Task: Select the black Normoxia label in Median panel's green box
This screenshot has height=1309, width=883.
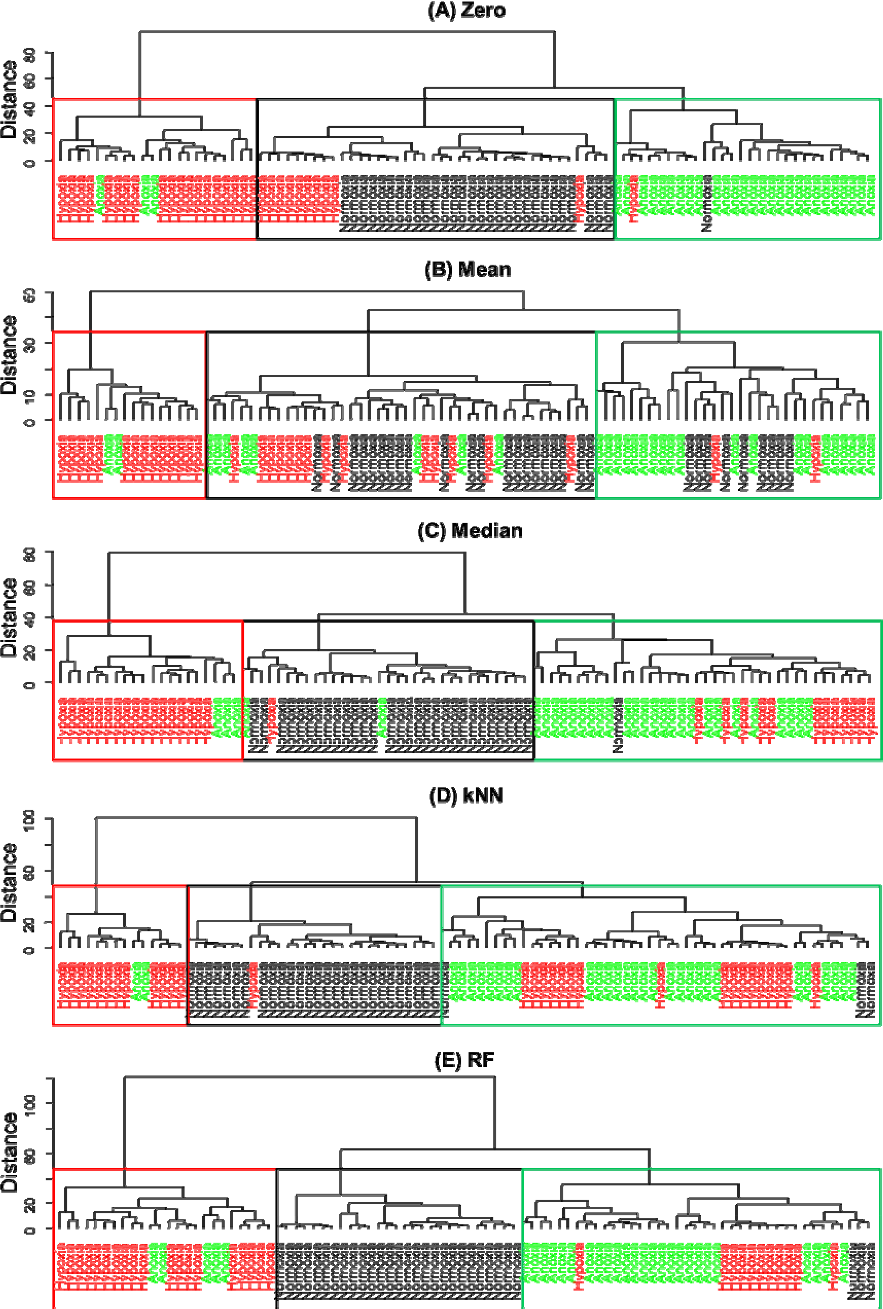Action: click(618, 726)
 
